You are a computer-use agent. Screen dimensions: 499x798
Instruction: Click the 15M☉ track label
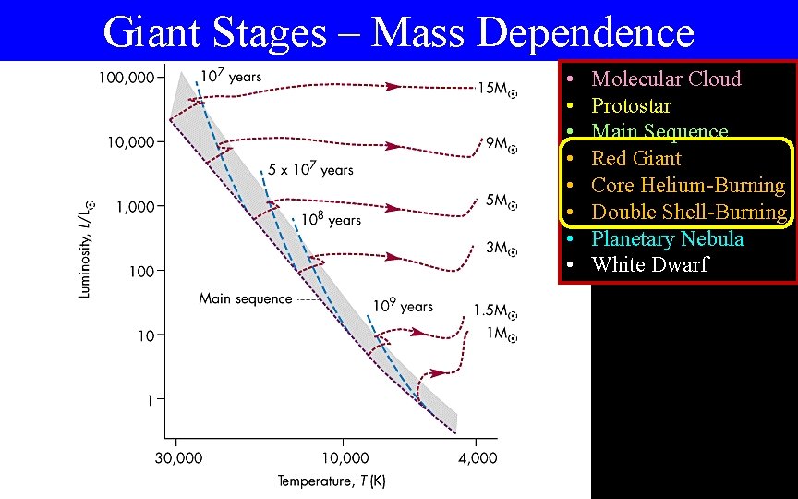click(497, 89)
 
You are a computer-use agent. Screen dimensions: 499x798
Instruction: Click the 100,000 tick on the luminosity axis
click(127, 78)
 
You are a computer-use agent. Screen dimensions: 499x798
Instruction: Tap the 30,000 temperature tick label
click(177, 456)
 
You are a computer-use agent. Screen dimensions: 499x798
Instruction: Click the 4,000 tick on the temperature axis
click(476, 456)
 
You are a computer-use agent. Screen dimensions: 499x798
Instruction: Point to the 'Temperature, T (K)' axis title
click(332, 481)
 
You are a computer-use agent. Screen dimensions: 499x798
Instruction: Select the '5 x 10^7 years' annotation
click(310, 170)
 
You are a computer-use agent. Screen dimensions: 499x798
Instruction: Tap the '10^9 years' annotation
click(403, 306)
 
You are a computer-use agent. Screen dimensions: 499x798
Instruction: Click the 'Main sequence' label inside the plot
click(245, 298)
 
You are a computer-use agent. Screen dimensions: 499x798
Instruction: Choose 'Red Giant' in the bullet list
click(636, 158)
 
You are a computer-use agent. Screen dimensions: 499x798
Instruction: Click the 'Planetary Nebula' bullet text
click(667, 238)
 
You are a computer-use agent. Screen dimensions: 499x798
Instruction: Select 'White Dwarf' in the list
click(649, 264)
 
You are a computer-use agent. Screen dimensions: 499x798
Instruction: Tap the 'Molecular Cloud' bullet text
click(666, 79)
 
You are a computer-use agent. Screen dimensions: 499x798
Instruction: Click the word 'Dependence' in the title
click(587, 33)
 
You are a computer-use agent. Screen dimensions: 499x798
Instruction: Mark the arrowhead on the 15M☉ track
click(393, 86)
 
